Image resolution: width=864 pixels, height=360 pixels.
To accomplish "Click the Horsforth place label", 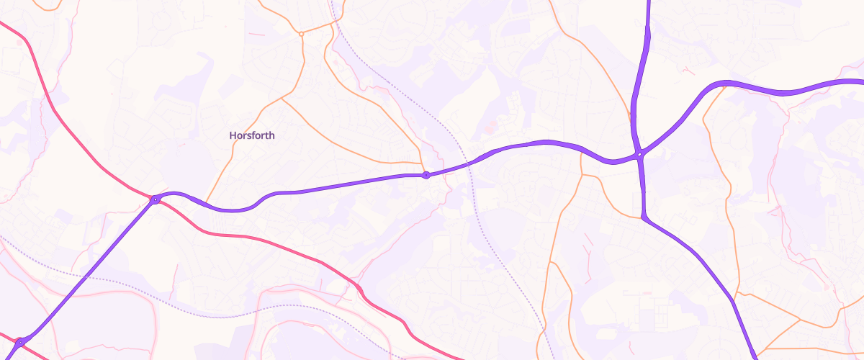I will (x=252, y=135).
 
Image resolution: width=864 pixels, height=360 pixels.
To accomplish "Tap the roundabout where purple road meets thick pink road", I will (x=155, y=199).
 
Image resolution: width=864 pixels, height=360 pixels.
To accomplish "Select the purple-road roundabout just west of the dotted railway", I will (x=426, y=175).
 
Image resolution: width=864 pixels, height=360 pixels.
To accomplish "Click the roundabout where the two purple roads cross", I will (x=639, y=154).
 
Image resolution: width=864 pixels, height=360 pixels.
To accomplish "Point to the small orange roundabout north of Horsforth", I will (x=301, y=33).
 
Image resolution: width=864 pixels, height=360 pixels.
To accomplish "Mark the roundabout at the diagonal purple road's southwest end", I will (x=20, y=342).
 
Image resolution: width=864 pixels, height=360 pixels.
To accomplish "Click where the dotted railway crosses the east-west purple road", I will (x=468, y=163).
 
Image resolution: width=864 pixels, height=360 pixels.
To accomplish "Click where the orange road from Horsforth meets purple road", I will (x=207, y=204).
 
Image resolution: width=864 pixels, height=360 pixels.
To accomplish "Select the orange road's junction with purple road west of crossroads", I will (x=580, y=149).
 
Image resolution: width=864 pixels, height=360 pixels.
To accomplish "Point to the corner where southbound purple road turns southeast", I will (x=643, y=215).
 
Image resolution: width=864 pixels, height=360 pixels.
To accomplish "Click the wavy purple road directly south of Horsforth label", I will (x=238, y=210).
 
